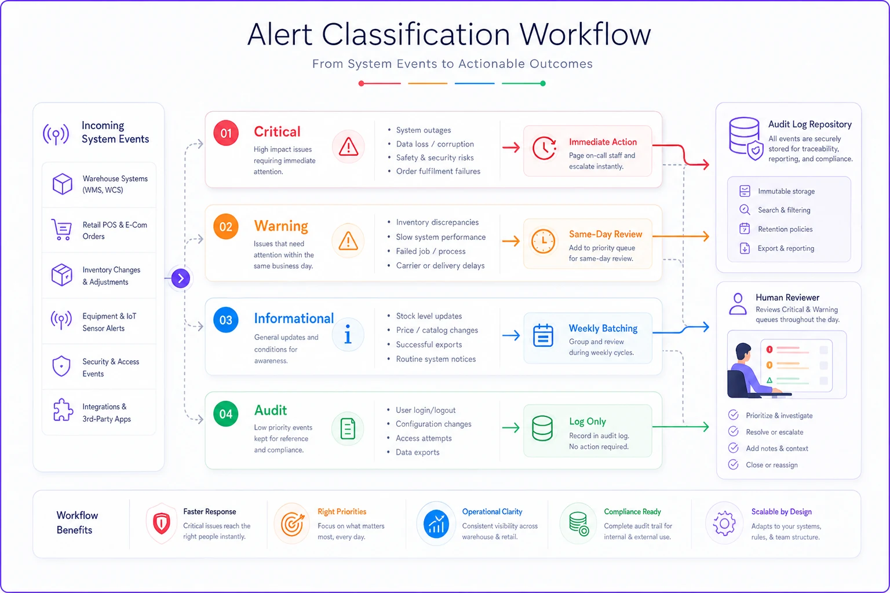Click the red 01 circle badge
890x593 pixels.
[225, 133]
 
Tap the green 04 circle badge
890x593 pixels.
[225, 414]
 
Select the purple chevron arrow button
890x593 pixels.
[181, 278]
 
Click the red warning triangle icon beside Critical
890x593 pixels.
[348, 147]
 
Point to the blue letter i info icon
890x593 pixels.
[348, 334]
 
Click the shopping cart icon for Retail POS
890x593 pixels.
[61, 230]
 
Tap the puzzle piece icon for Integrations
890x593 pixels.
[63, 410]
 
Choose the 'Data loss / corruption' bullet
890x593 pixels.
[435, 144]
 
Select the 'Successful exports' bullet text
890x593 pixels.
[429, 345]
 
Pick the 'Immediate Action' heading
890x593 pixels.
[603, 142]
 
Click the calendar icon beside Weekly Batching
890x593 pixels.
[543, 336]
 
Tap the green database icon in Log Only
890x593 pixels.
[542, 428]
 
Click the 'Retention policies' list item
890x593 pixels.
[785, 229]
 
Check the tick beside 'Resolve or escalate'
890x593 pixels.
[734, 431]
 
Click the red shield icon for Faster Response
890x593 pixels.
[162, 524]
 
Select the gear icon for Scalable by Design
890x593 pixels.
[724, 524]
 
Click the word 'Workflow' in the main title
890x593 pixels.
[585, 34]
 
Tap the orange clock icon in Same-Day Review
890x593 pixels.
[543, 241]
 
